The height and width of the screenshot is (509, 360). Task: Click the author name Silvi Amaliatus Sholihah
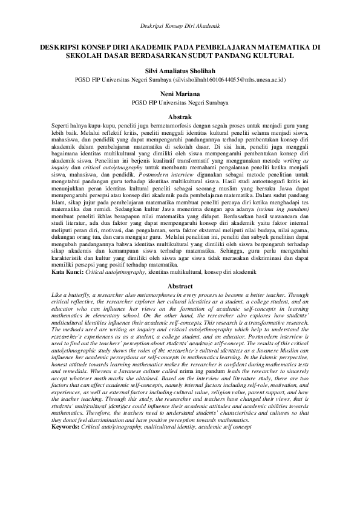coord(180,70)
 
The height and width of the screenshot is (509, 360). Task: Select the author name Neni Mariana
coord(180,94)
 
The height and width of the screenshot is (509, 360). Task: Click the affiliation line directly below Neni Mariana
coord(180,103)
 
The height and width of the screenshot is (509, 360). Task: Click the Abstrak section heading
coord(180,115)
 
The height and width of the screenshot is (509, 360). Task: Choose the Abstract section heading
coord(180,286)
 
